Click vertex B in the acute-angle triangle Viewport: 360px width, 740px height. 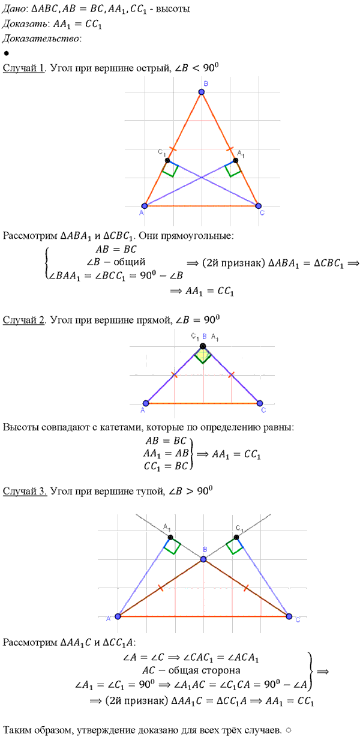pyautogui.click(x=202, y=92)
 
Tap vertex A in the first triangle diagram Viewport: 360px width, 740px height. pyautogui.click(x=145, y=206)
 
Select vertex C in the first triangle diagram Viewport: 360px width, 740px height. pyautogui.click(x=258, y=206)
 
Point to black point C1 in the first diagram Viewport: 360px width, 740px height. pyautogui.click(x=167, y=161)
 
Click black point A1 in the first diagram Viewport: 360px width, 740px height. pyautogui.click(x=235, y=161)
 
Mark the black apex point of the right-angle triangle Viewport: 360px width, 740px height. pyautogui.click(x=203, y=346)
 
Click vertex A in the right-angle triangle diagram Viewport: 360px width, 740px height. pyautogui.click(x=146, y=403)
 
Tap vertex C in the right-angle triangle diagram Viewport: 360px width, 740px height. pyautogui.click(x=260, y=403)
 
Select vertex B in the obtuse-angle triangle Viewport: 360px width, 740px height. pyautogui.click(x=203, y=559)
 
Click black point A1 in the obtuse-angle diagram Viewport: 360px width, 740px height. pyautogui.click(x=170, y=538)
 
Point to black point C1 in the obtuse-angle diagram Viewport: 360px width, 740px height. pyautogui.click(x=236, y=538)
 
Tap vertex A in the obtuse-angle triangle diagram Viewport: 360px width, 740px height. pyautogui.click(x=118, y=616)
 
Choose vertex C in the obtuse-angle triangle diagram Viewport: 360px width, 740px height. pyautogui.click(x=289, y=616)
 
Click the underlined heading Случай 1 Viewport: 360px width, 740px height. pyautogui.click(x=24, y=68)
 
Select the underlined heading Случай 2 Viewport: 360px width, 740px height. pyautogui.click(x=24, y=320)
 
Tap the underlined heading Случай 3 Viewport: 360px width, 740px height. pyautogui.click(x=25, y=492)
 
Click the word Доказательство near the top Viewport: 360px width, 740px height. pyautogui.click(x=41, y=38)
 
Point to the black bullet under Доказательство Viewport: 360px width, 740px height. pyautogui.click(x=6, y=53)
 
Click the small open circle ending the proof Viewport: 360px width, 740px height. pyautogui.click(x=289, y=730)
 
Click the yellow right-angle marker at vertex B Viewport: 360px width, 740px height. pyautogui.click(x=203, y=355)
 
